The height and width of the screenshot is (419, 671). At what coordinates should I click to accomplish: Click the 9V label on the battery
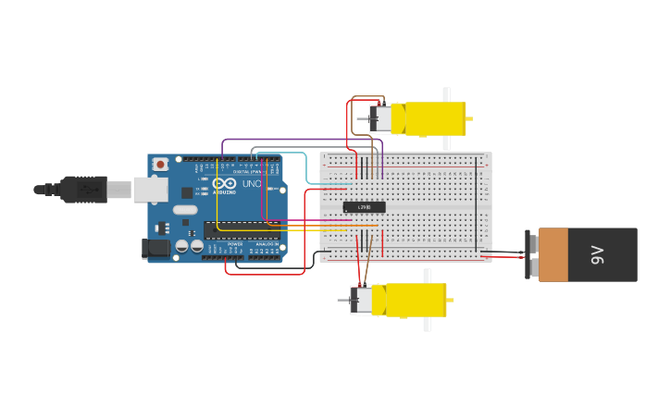(598, 255)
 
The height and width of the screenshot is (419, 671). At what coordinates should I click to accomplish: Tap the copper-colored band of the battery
(553, 255)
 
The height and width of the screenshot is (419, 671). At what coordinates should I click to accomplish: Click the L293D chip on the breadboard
(364, 206)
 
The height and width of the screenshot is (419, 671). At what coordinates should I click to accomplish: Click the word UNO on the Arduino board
(251, 183)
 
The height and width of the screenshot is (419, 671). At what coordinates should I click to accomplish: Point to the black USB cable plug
(83, 189)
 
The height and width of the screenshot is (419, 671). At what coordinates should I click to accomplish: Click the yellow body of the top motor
(428, 118)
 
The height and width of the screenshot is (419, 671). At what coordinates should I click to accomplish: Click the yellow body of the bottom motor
(414, 301)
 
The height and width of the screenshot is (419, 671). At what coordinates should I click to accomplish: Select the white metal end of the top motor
(379, 118)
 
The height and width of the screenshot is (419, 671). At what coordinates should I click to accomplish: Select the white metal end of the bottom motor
(361, 301)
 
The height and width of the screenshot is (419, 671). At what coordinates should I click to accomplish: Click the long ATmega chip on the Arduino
(242, 230)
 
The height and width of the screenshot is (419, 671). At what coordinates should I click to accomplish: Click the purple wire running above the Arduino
(296, 140)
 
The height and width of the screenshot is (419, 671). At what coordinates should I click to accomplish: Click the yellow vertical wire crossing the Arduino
(217, 199)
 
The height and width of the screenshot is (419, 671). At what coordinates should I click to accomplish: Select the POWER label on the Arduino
(235, 244)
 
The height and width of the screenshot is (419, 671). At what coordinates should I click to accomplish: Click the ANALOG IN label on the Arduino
(267, 244)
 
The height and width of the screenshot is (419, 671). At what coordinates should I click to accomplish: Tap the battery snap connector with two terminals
(531, 255)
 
